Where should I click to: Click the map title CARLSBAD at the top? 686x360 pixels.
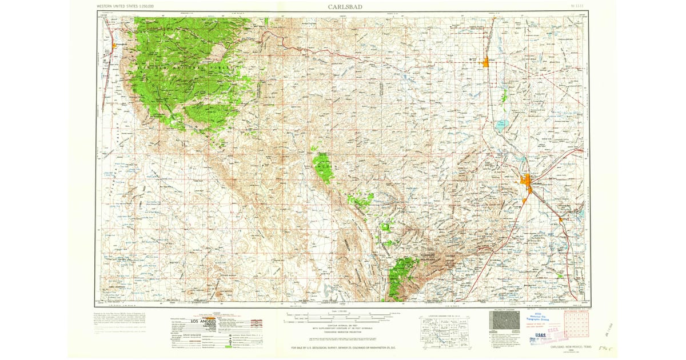tap(344, 7)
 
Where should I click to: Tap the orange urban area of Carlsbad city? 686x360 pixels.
tap(528, 183)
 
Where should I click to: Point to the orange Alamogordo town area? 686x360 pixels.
tap(114, 46)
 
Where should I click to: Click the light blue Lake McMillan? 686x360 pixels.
tap(501, 125)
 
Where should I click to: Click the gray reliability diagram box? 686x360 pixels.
tap(504, 321)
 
